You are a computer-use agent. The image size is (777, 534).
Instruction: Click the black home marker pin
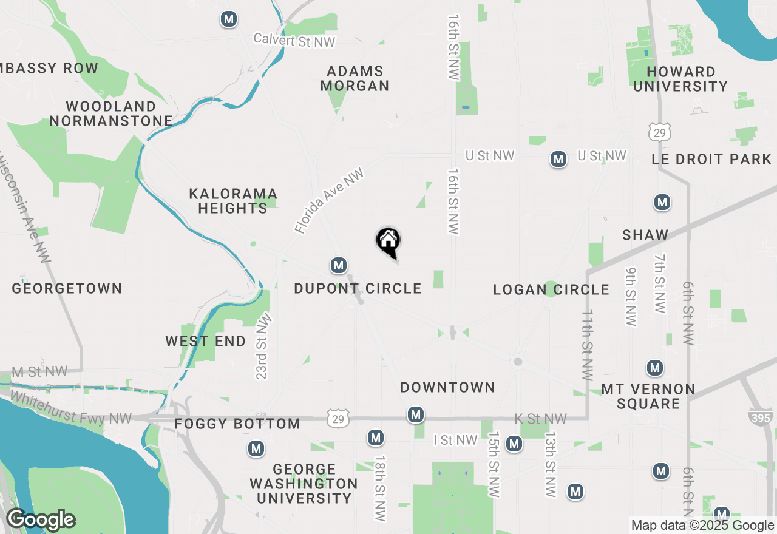coord(388,242)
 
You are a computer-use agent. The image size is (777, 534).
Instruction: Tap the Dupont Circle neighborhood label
coord(358,288)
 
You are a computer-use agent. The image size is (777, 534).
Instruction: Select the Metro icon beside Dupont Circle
coord(339,265)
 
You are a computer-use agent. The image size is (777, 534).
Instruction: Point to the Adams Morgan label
coord(355,79)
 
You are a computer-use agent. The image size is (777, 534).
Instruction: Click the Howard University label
coord(680,79)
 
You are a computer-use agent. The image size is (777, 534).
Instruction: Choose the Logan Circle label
coord(551,289)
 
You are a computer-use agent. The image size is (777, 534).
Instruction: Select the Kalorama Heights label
coord(233,201)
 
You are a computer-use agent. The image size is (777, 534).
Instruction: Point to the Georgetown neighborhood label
coord(67,288)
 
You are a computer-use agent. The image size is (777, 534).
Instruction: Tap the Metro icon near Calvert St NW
coord(229,19)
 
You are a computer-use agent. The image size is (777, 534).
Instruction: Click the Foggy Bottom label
coord(237,424)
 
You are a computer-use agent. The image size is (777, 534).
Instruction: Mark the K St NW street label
coord(540,419)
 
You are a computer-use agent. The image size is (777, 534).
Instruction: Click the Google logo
coord(41,520)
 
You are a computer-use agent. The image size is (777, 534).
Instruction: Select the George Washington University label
coord(304,484)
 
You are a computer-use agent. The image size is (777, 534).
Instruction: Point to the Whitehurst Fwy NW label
coord(71,408)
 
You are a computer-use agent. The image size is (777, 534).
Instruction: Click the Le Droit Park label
coord(711,160)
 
